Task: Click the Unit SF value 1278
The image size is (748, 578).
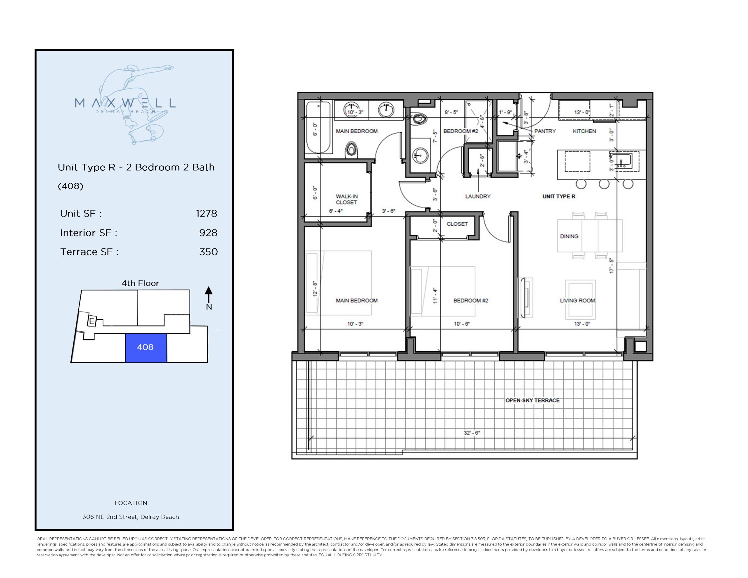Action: coord(206,213)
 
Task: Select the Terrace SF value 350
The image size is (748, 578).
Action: coord(208,252)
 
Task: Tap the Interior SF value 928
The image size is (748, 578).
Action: coord(208,233)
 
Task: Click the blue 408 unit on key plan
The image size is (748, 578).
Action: coord(146,347)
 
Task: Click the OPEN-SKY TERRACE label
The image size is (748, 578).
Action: coord(532,400)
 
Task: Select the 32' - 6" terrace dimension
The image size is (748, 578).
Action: coord(472,433)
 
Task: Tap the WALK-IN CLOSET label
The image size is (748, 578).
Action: coord(346,199)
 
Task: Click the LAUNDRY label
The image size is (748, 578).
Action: coord(477,196)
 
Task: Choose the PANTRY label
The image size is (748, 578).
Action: coord(545,131)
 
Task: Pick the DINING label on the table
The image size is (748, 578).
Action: coord(569,236)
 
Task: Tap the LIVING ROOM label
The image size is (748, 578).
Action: coord(577,300)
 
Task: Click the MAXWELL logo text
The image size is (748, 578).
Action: coord(125,103)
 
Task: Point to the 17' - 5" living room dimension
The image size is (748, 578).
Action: coord(611,266)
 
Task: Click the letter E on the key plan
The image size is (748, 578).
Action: coord(91,321)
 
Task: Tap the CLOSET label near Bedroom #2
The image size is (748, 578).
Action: coord(457,224)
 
